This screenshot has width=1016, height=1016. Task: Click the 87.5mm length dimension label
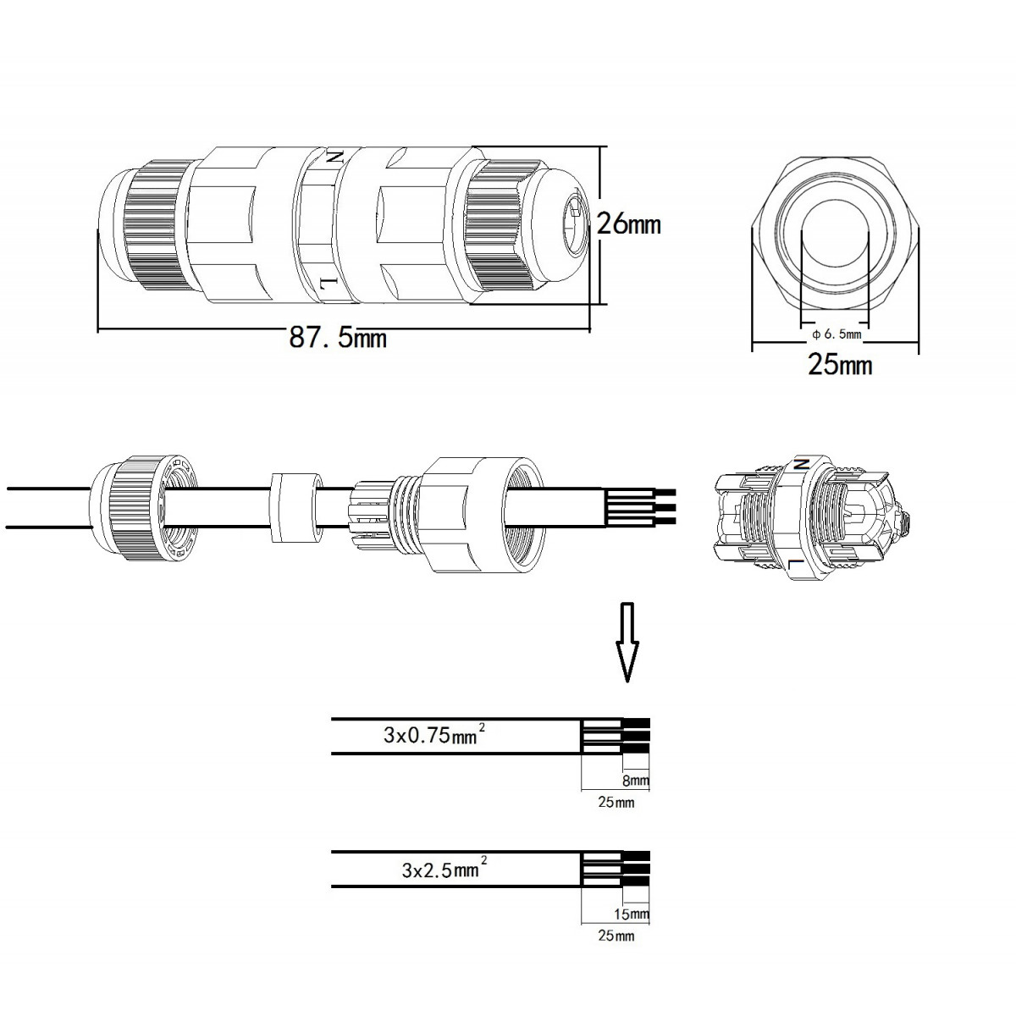click(x=338, y=338)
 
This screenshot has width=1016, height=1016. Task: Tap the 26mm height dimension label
click(x=628, y=224)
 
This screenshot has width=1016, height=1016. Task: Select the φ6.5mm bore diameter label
click(x=837, y=334)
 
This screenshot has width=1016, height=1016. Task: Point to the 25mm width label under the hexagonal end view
click(x=841, y=365)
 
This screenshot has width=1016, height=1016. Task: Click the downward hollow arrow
click(x=627, y=642)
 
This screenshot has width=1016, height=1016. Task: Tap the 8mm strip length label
click(x=635, y=781)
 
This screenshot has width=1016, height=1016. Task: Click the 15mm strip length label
click(x=632, y=914)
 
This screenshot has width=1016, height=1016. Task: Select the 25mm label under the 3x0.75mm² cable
click(x=616, y=803)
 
